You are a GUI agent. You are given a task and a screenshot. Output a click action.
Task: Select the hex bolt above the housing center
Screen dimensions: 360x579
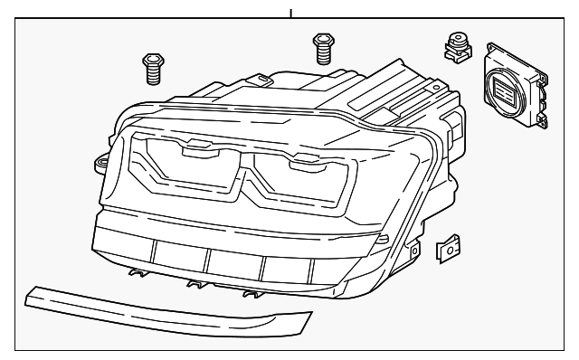click(x=321, y=47)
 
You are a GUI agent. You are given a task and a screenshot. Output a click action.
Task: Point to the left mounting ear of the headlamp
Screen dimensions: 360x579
click(x=100, y=163)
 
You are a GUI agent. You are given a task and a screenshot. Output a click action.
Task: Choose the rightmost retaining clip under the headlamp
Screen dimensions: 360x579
click(x=252, y=292)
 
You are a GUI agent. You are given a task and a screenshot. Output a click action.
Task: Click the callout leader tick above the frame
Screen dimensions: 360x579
click(x=291, y=12)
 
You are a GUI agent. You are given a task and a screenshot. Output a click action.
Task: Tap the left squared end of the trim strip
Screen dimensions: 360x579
click(x=34, y=293)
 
